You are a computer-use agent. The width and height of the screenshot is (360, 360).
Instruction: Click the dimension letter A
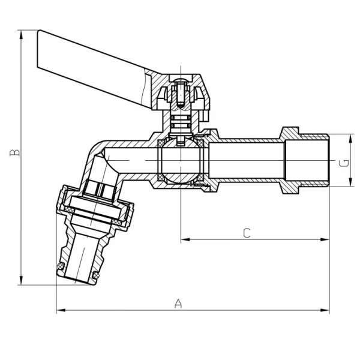pos(178,303)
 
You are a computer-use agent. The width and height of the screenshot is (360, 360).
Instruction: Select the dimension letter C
pos(246,233)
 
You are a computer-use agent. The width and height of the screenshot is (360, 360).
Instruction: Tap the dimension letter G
pos(342,163)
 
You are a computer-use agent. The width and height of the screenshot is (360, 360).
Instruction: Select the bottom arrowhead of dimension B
pos(22,281)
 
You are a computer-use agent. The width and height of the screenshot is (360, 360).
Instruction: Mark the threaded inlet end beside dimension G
pos(315,162)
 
